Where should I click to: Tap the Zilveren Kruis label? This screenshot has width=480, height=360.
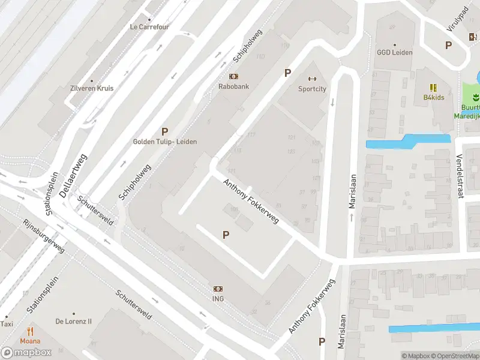[x=92, y=88]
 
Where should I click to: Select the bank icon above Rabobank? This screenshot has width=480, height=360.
[x=233, y=76]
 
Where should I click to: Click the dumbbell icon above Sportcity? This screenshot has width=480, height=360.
[x=312, y=79]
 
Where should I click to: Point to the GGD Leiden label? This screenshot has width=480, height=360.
[x=394, y=52]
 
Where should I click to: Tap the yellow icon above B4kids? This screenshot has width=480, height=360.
[x=433, y=88]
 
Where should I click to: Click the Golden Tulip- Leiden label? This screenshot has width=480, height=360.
[x=164, y=142]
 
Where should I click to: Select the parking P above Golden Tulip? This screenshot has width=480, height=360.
[x=164, y=131]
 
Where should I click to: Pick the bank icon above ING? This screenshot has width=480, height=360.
[x=218, y=289]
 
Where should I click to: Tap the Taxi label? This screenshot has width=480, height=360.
[x=7, y=324]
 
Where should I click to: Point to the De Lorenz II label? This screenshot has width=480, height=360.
[x=74, y=321]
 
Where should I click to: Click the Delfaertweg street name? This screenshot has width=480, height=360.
[x=74, y=175]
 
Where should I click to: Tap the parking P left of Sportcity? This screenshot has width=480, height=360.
[x=287, y=73]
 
